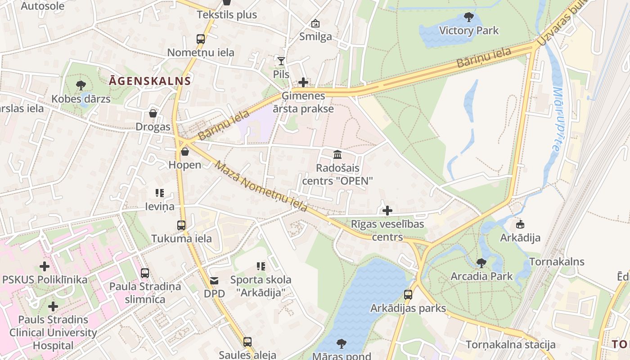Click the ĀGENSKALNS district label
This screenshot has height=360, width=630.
click(150, 81)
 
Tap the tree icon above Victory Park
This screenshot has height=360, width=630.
click(468, 18)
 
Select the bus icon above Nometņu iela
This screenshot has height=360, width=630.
click(201, 39)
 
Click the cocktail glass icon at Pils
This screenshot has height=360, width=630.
click(281, 61)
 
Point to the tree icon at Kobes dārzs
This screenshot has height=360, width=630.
click(81, 85)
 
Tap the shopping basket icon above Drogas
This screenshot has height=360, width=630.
click(153, 113)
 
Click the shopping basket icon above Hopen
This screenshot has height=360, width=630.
click(184, 152)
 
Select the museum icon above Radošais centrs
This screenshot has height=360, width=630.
click(337, 155)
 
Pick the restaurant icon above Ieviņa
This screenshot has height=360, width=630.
click(159, 193)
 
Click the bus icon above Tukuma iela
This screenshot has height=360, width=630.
click(181, 225)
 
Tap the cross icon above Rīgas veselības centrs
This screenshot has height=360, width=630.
click(387, 210)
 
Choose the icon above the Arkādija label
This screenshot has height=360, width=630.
click(520, 224)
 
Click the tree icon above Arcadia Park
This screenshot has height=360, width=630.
click(481, 263)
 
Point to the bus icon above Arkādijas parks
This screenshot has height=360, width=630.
click(408, 295)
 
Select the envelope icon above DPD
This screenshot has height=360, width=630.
click(214, 281)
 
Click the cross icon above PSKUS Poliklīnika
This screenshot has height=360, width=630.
click(44, 266)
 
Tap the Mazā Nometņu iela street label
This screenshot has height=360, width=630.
click(261, 186)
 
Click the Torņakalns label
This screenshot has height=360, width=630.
click(557, 262)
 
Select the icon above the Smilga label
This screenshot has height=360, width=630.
click(315, 23)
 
